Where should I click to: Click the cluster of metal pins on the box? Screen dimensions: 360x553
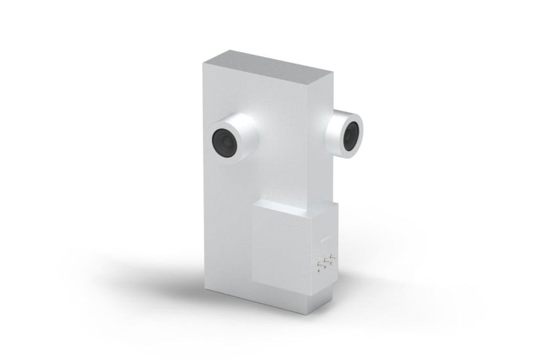tap(324, 262)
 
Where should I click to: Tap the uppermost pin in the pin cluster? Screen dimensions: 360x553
tap(331, 256)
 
